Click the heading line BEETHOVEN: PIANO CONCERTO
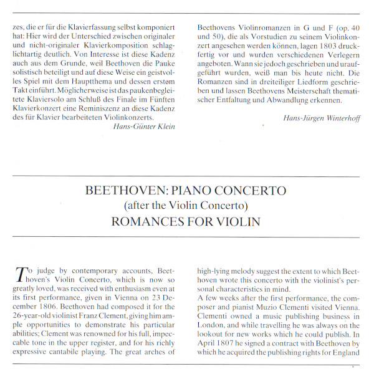(186, 190)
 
